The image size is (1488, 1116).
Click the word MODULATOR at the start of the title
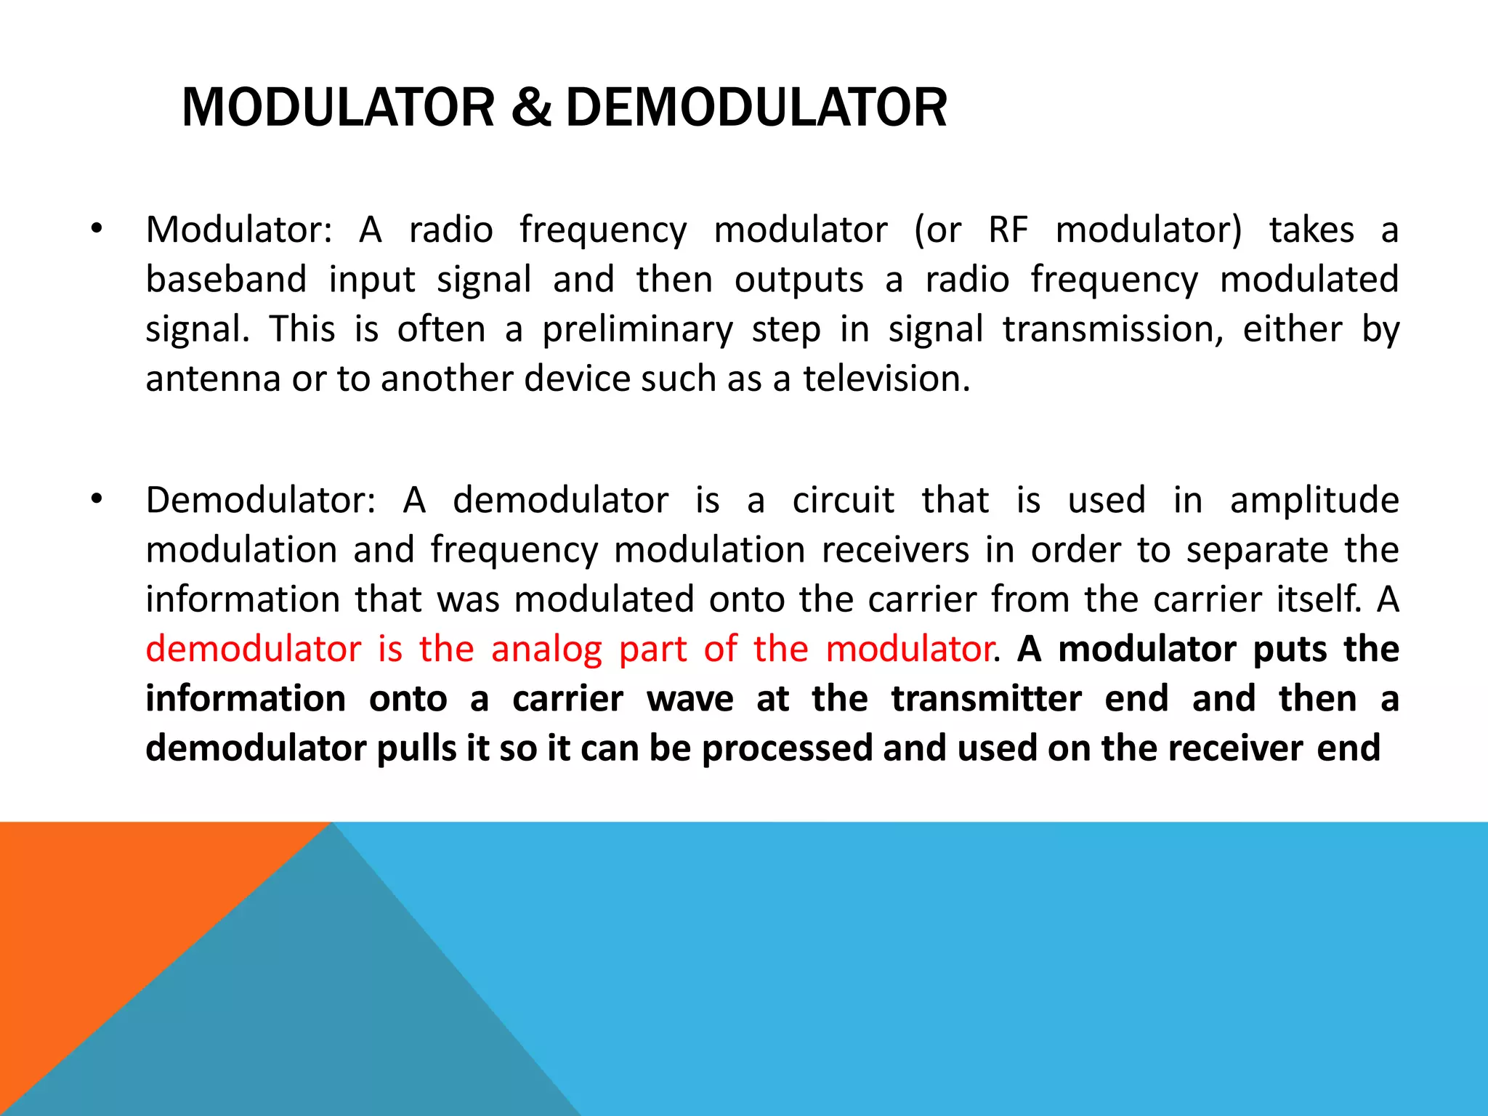pos(338,108)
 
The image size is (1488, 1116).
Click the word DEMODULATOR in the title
pos(756,108)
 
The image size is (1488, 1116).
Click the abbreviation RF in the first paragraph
pos(1008,230)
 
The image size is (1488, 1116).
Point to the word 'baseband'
pos(226,280)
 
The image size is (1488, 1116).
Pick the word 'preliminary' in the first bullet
pos(637,330)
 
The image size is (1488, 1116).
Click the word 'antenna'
pos(213,379)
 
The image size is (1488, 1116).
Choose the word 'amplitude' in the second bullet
pos(1314,501)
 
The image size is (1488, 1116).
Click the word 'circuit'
pos(843,501)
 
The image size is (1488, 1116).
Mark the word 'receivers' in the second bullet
pos(895,550)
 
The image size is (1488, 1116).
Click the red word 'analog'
pos(546,650)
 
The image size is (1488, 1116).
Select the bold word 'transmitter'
pos(986,699)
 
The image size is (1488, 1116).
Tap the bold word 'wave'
pos(690,699)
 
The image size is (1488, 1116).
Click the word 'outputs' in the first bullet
pos(798,280)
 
